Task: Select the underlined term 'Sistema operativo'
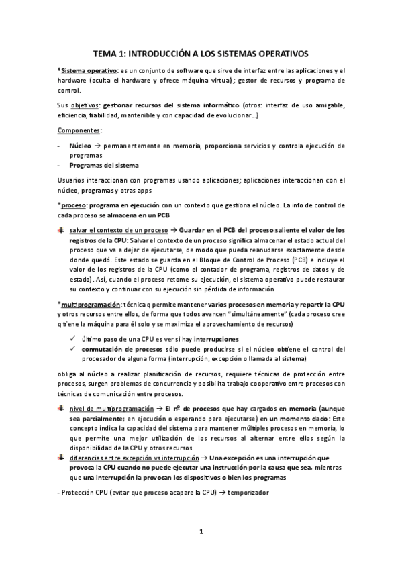coord(88,70)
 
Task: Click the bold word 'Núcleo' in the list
coord(81,145)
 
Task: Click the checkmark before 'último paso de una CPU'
coord(72,339)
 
